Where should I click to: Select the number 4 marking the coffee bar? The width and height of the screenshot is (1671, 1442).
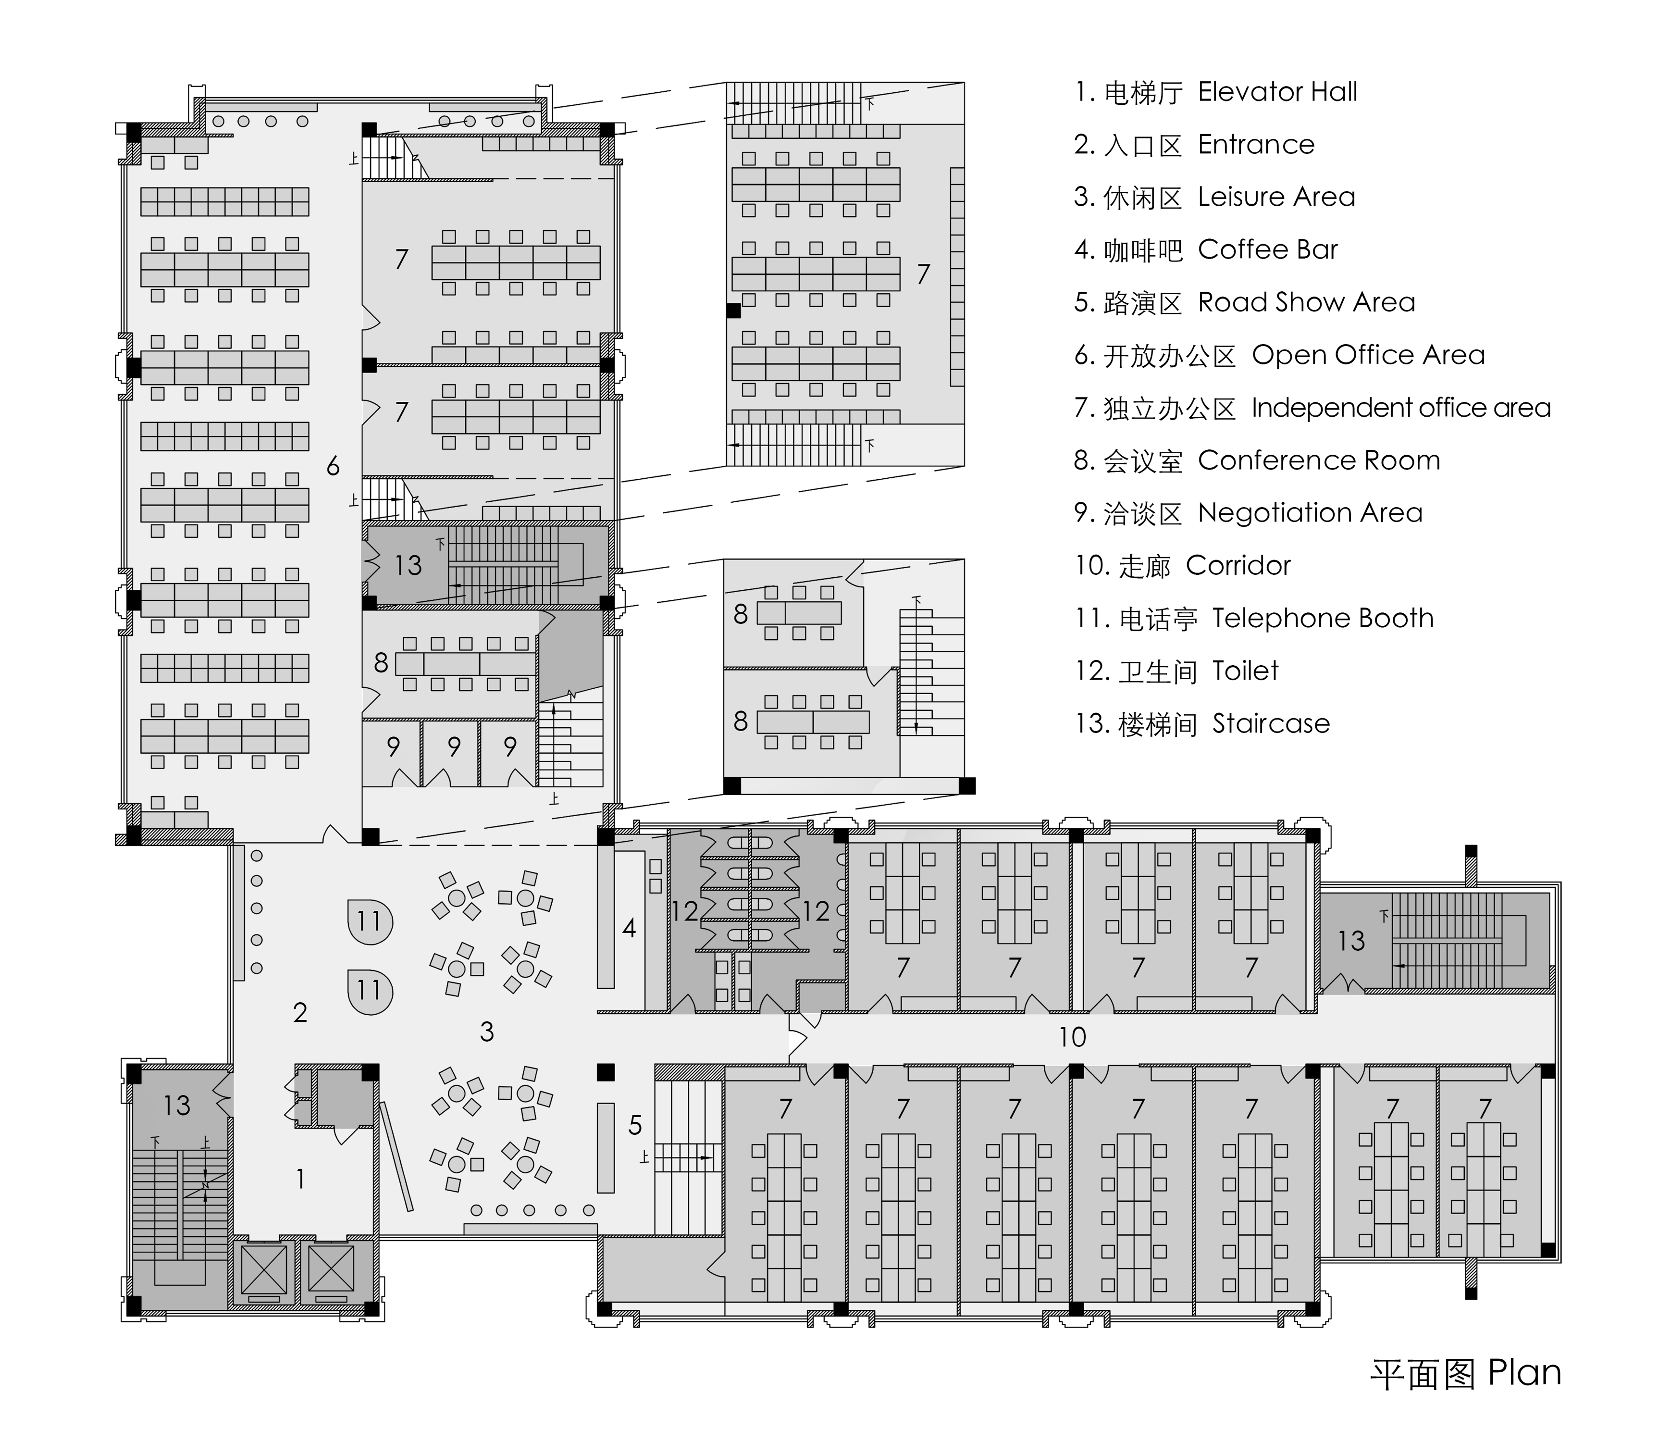[x=629, y=928]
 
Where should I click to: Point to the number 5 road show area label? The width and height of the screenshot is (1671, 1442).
[x=635, y=1125]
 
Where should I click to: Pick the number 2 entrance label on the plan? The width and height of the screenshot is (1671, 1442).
[x=300, y=1013]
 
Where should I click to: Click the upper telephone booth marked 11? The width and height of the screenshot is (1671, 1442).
[x=370, y=921]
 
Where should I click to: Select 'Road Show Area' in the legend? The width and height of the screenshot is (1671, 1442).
[x=1307, y=302]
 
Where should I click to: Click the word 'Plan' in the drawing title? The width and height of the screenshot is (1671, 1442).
[x=1524, y=1373]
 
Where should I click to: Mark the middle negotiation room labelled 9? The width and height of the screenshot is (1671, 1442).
[x=454, y=747]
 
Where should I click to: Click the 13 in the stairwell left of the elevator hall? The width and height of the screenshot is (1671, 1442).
[x=177, y=1105]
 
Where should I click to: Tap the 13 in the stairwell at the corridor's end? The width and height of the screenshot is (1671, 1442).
[x=1351, y=940]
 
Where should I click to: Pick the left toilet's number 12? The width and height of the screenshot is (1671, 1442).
[x=685, y=911]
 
